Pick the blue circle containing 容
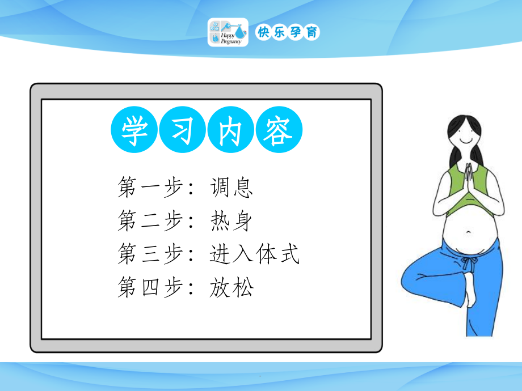tap(279, 132)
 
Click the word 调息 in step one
tap(230, 188)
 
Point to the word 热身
tap(230, 221)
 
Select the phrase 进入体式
tap(254, 254)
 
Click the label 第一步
tap(149, 188)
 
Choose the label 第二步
tap(149, 221)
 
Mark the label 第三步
tap(149, 254)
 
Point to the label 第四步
tap(149, 288)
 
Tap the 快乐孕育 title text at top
tap(288, 32)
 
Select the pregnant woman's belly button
tap(469, 231)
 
